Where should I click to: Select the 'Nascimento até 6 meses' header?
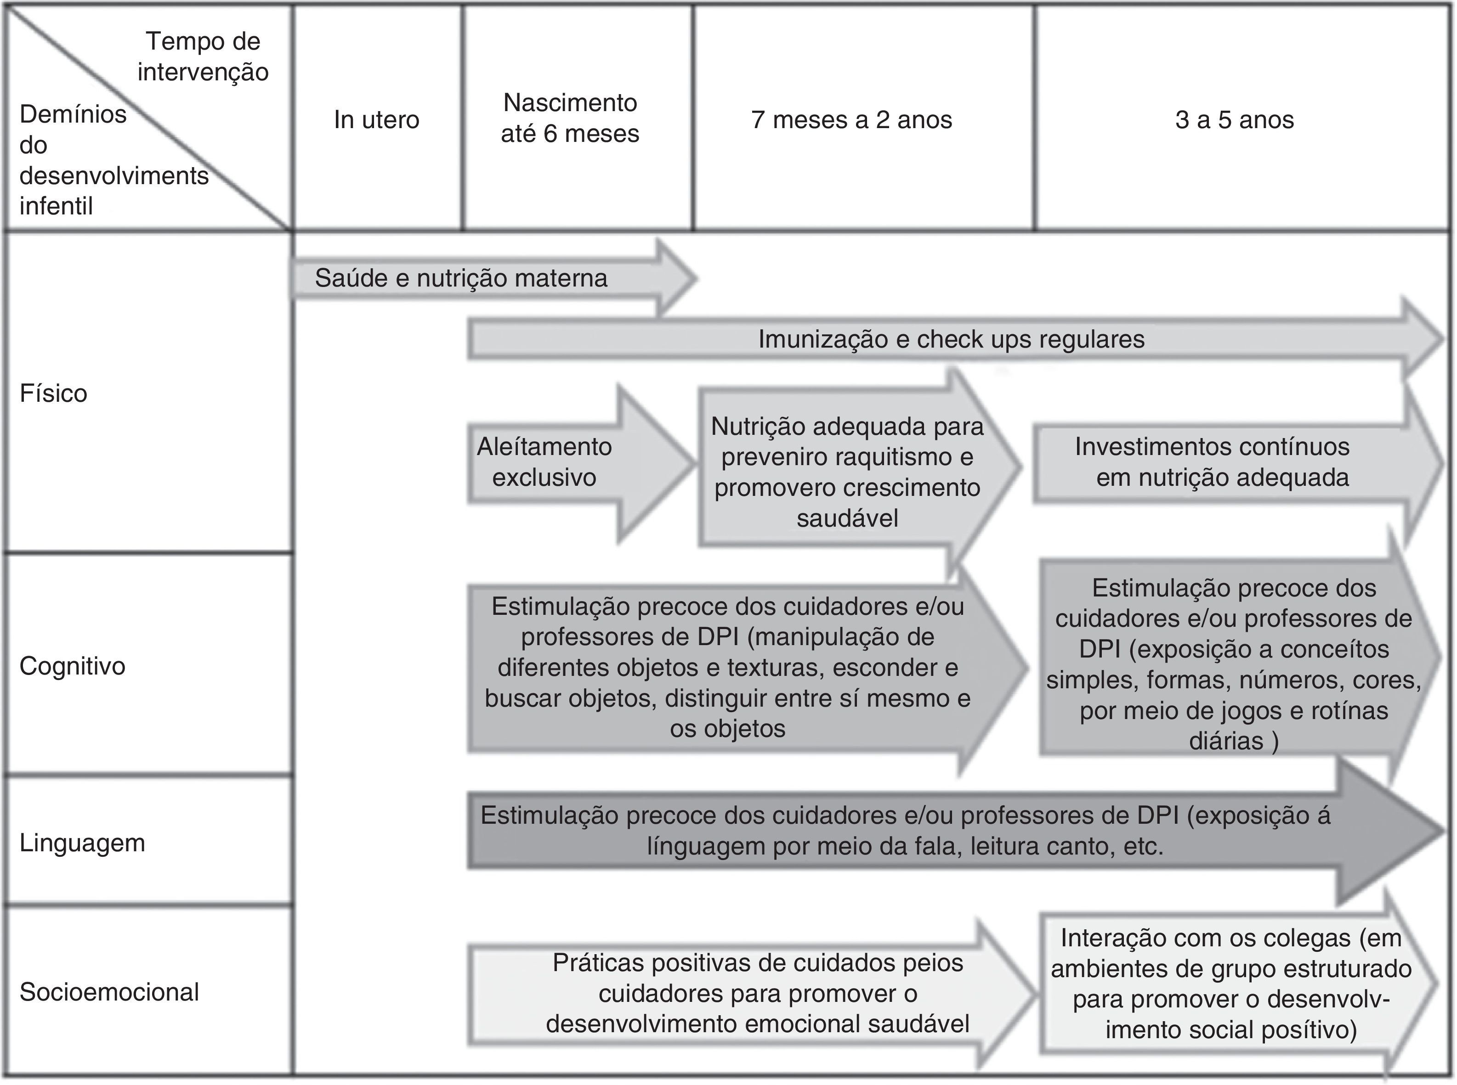[x=570, y=118]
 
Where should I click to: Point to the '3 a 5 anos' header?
[x=1234, y=119]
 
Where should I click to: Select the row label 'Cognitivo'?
[x=72, y=666]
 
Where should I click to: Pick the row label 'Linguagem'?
[x=82, y=843]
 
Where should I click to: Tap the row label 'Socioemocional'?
[x=109, y=992]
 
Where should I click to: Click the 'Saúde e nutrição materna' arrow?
[x=461, y=278]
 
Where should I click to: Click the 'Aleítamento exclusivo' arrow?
[x=545, y=462]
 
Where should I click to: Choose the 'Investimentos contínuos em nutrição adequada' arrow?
[x=1213, y=462]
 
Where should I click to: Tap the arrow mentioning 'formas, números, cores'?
[x=1234, y=664]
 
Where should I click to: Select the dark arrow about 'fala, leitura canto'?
[x=905, y=831]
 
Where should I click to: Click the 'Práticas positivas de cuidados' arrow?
[x=757, y=993]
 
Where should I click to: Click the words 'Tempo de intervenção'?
[x=203, y=56]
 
